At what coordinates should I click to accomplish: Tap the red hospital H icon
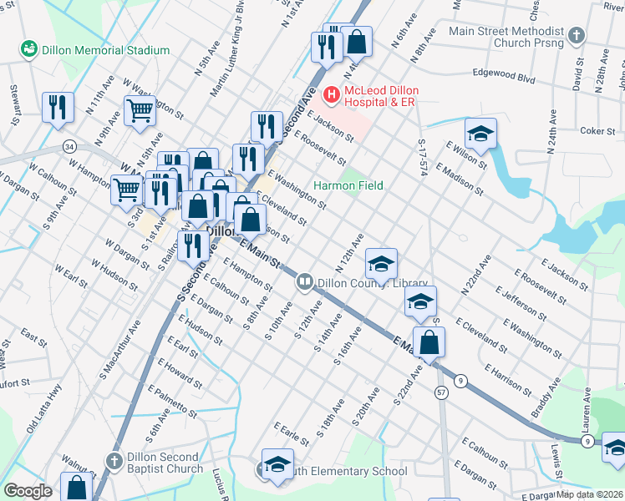[332, 96]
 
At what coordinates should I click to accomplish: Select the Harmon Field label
[348, 185]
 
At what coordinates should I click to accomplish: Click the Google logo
[28, 491]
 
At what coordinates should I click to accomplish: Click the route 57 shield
[441, 392]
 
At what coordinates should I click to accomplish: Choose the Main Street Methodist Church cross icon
[576, 36]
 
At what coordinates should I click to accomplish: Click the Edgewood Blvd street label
[503, 76]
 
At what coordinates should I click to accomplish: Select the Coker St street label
[597, 131]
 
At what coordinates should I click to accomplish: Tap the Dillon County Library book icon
[305, 283]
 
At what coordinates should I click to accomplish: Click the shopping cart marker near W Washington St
[140, 109]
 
